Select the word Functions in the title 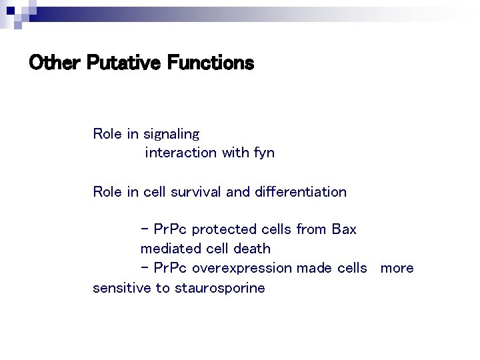click(211, 63)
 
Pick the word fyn click(263, 153)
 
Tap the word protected click(227, 229)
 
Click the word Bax click(343, 229)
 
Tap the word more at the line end click(397, 268)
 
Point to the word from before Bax click(311, 229)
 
